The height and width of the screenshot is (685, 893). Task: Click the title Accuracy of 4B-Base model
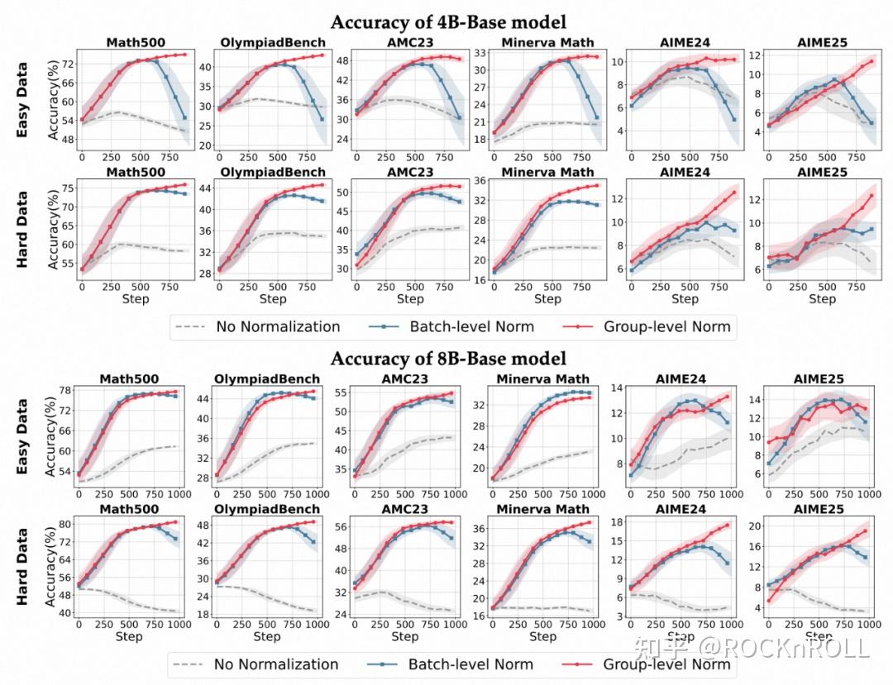tap(448, 21)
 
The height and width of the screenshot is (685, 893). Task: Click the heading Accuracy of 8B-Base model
tap(448, 359)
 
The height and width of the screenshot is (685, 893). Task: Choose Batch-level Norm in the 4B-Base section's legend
tap(471, 326)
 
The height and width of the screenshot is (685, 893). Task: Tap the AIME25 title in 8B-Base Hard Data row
tap(818, 510)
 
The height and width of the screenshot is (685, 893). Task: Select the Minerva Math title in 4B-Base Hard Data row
tap(547, 172)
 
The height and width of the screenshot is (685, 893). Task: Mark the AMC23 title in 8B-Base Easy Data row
tap(405, 378)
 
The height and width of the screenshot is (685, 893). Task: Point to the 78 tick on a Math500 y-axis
tap(64, 389)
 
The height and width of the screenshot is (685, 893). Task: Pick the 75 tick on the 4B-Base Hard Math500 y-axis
tap(64, 188)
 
